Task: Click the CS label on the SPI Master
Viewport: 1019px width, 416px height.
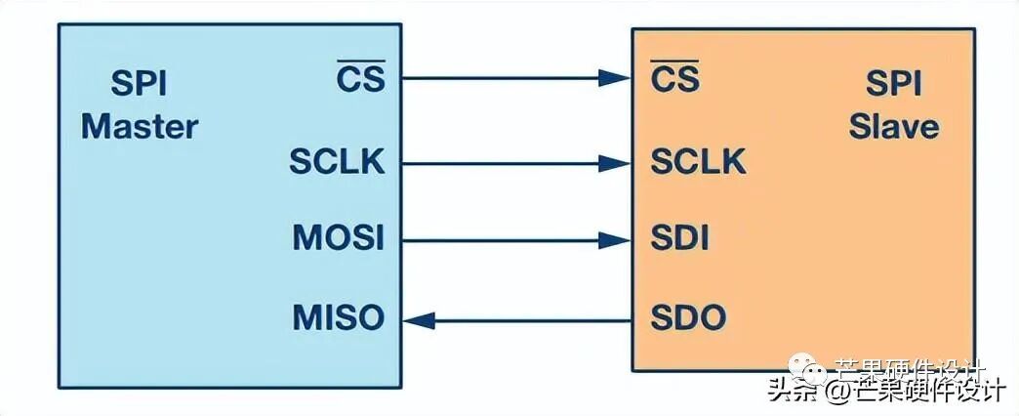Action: tap(360, 77)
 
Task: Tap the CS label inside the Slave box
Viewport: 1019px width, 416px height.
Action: tap(675, 77)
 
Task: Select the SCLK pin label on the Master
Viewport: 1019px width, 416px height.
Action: tap(337, 161)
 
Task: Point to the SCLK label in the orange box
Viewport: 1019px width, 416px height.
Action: tap(698, 161)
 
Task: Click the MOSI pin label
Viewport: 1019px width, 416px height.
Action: tap(339, 238)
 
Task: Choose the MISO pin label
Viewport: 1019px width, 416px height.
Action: tap(339, 317)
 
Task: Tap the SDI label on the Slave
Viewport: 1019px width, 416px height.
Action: tap(679, 238)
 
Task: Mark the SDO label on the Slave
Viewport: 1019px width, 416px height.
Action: tap(687, 317)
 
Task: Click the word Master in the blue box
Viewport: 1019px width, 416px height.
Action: tap(140, 126)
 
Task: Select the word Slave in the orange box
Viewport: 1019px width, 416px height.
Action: tap(893, 126)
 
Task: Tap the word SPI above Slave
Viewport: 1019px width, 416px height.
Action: tap(893, 85)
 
